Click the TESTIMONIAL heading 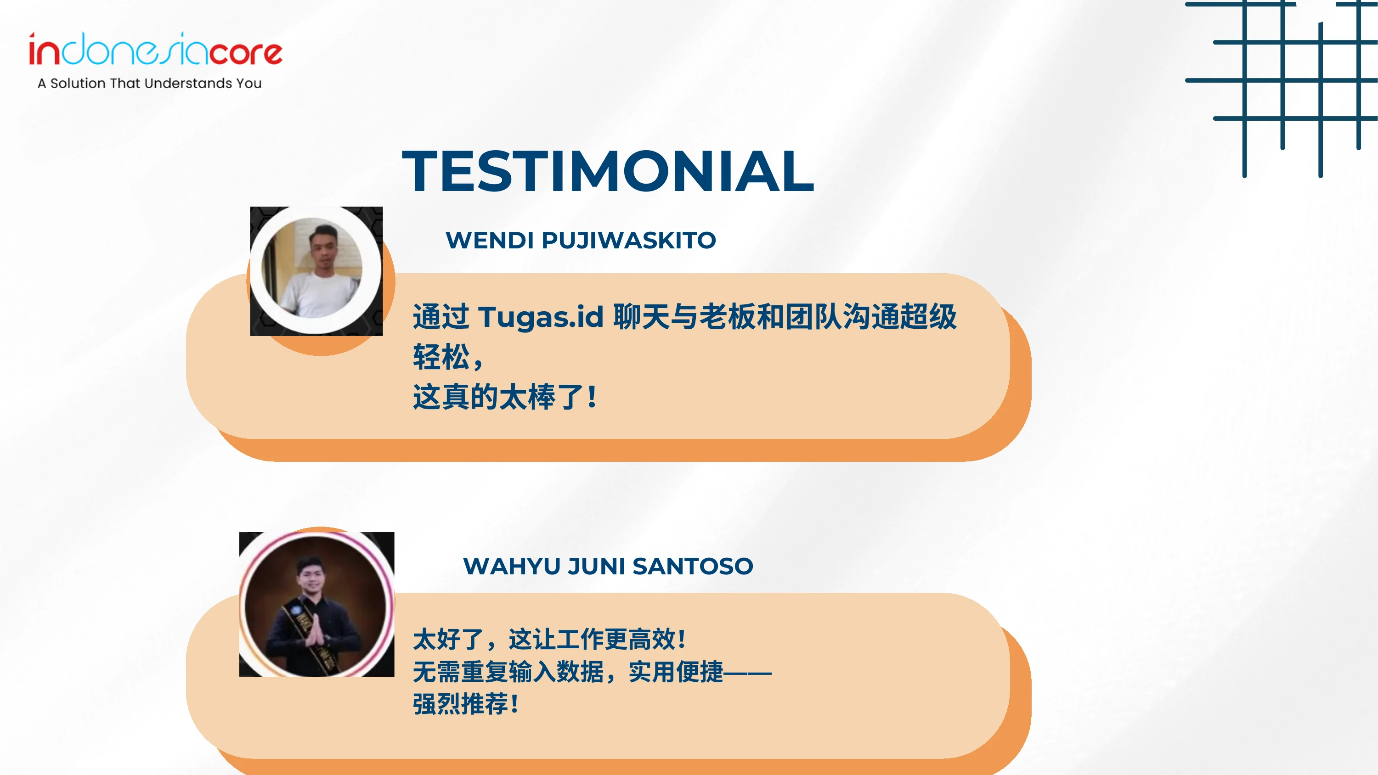tap(608, 171)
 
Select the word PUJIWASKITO tap(628, 241)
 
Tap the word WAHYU tap(511, 566)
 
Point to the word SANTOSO tap(693, 566)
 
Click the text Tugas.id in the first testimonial tap(541, 317)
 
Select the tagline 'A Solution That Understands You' tap(149, 84)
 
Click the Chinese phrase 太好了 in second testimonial tap(448, 639)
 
